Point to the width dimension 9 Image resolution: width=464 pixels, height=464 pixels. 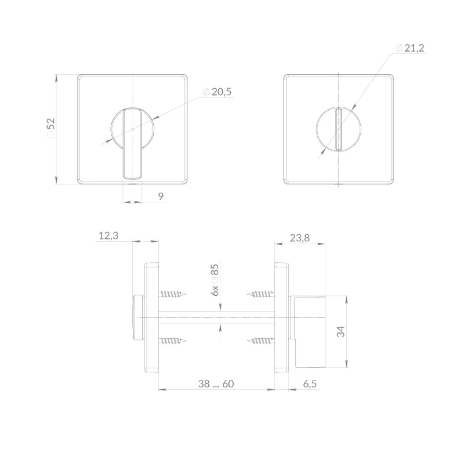(161, 196)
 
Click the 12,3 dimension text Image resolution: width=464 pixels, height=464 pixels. (108, 236)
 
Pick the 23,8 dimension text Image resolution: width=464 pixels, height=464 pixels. (299, 238)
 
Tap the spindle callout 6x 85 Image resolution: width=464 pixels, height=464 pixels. (215, 280)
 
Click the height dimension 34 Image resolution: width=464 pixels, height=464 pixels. (341, 331)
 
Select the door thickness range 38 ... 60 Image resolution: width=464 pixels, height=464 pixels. (216, 384)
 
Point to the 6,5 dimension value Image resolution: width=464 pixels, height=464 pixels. (310, 384)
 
